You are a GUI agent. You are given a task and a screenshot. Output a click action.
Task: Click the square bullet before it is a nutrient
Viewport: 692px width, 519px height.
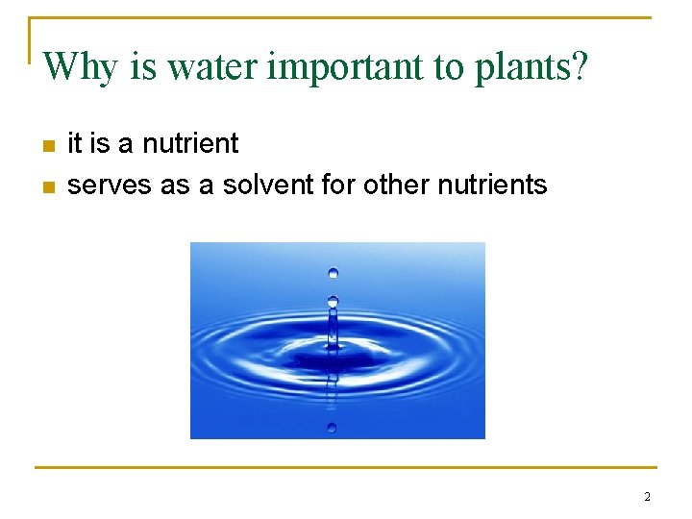coord(49,146)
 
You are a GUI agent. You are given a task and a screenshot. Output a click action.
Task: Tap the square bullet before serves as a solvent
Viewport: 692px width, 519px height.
coord(49,186)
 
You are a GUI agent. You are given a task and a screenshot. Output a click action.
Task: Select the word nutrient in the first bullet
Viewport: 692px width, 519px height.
coord(190,144)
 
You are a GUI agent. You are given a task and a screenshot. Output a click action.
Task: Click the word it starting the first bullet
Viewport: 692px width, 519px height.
coord(74,144)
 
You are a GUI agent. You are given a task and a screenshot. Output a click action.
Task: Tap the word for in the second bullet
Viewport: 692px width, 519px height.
coord(338,185)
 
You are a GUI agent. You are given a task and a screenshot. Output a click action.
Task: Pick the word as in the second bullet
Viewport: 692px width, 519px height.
coord(175,185)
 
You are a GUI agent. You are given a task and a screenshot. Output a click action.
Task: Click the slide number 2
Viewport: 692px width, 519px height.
coord(647,497)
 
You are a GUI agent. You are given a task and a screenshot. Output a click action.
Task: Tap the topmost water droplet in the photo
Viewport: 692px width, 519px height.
coord(333,273)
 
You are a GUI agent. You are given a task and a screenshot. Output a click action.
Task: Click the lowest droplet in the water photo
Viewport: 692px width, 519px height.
coord(332,426)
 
